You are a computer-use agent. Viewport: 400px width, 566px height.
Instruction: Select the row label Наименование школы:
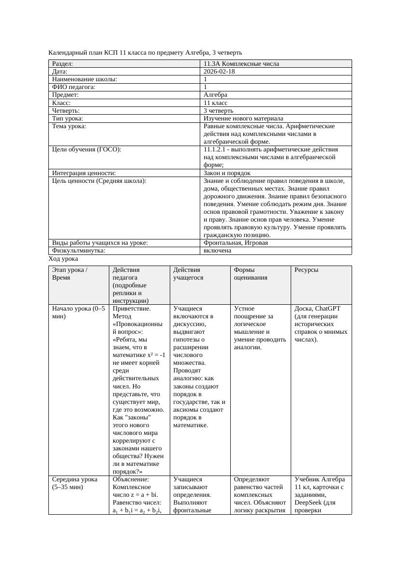click(85, 79)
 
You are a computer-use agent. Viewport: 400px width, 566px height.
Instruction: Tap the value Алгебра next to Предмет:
click(216, 95)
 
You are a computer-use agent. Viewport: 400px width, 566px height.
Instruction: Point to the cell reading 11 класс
click(216, 103)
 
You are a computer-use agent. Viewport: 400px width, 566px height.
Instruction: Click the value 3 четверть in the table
click(219, 111)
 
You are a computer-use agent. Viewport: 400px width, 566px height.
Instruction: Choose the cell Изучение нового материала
click(243, 119)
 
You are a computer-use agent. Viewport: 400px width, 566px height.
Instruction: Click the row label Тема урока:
click(69, 126)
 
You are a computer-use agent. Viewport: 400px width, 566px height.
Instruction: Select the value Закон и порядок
click(227, 173)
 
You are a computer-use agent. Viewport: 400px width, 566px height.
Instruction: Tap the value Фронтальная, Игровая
click(236, 243)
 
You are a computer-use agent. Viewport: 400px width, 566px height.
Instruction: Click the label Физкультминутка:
click(78, 251)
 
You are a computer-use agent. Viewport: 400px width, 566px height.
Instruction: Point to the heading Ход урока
click(63, 259)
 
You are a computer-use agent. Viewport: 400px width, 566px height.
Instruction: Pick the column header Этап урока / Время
click(70, 274)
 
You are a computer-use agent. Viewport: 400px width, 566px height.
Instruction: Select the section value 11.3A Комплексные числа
click(241, 64)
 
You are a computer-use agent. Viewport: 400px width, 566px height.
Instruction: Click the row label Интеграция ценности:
click(84, 173)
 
